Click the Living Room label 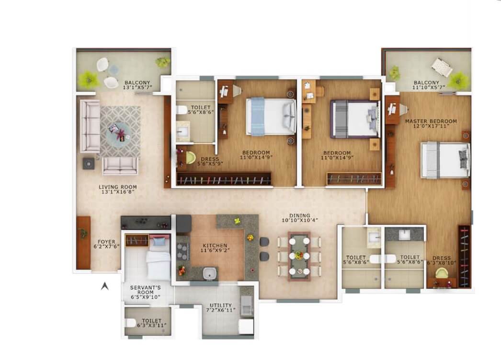click(118, 187)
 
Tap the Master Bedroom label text click(431, 121)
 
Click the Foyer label click(106, 242)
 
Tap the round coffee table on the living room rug click(118, 133)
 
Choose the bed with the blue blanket click(270, 116)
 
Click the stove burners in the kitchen click(183, 251)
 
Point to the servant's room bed click(158, 261)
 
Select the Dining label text click(299, 215)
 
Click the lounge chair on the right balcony click(441, 67)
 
